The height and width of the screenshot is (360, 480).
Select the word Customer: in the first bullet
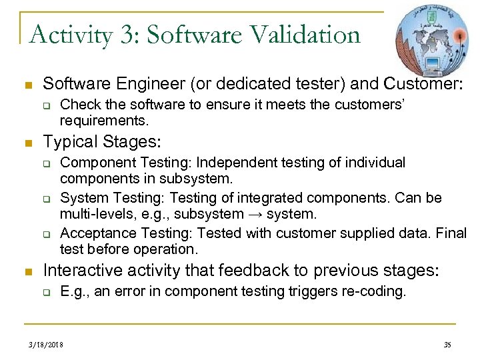(x=423, y=84)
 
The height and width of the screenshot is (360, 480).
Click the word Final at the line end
(x=453, y=233)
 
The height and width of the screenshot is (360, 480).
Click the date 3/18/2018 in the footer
(x=46, y=345)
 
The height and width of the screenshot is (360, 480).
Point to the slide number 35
(x=447, y=345)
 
